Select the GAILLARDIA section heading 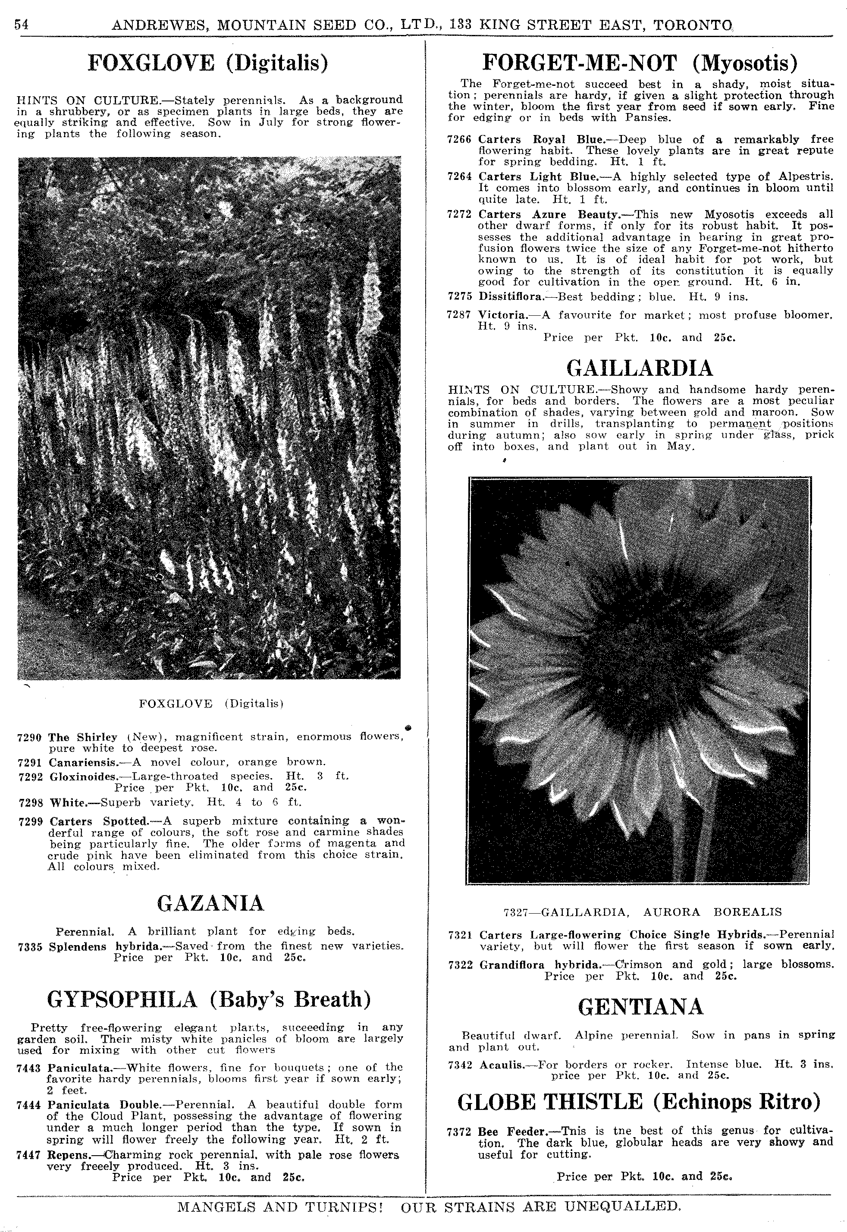pos(640,368)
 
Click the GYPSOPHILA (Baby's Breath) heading pos(209,999)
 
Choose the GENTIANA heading pos(640,1006)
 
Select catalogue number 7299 pos(31,822)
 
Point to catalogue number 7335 pos(30,946)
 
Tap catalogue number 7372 pos(460,1131)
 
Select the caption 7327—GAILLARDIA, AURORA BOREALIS pos(642,912)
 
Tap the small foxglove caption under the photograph pos(211,704)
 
